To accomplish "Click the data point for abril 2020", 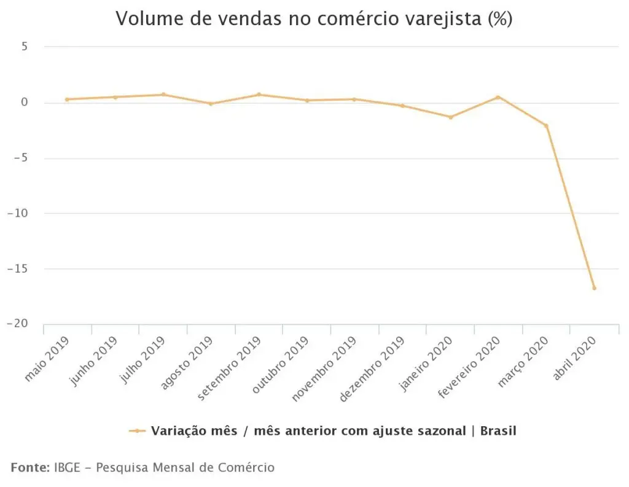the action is pyautogui.click(x=594, y=288).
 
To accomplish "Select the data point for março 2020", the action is pyautogui.click(x=546, y=125).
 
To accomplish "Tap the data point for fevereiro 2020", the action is pyautogui.click(x=498, y=97).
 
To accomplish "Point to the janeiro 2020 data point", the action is pyautogui.click(x=450, y=117).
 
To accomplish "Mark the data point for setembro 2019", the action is pyautogui.click(x=259, y=95).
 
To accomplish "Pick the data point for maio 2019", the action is pyautogui.click(x=67, y=99).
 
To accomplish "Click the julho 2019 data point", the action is pyautogui.click(x=163, y=95).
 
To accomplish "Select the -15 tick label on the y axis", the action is pyautogui.click(x=18, y=268).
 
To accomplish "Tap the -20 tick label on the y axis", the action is pyautogui.click(x=18, y=323).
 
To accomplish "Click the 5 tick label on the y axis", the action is pyautogui.click(x=25, y=47).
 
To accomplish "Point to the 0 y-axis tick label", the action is pyautogui.click(x=25, y=103).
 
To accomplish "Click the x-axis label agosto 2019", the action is pyautogui.click(x=187, y=364).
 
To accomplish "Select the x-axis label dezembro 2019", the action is pyautogui.click(x=372, y=369).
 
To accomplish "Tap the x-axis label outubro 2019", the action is pyautogui.click(x=280, y=365).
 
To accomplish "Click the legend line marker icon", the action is pyautogui.click(x=137, y=431).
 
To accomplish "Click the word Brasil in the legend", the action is pyautogui.click(x=498, y=431).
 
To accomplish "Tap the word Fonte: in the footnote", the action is pyautogui.click(x=30, y=467).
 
